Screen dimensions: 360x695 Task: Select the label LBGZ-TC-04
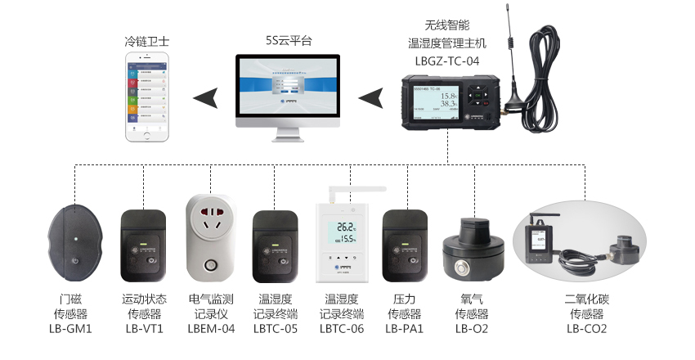pyautogui.click(x=447, y=60)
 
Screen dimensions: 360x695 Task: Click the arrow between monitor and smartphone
pyautogui.click(x=206, y=98)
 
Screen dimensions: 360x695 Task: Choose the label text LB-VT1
pyautogui.click(x=144, y=329)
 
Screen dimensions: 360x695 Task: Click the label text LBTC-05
pyautogui.click(x=276, y=329)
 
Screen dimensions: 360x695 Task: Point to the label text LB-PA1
pyautogui.click(x=405, y=329)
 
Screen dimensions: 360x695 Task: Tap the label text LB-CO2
pyautogui.click(x=586, y=329)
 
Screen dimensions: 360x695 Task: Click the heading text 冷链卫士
pyautogui.click(x=148, y=40)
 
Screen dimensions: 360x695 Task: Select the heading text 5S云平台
pyautogui.click(x=289, y=40)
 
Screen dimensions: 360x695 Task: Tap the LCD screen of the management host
pyautogui.click(x=435, y=102)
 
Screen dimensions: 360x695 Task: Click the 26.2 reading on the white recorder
pyautogui.click(x=347, y=227)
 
